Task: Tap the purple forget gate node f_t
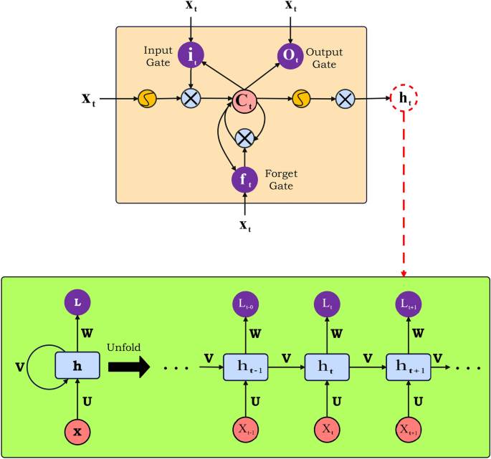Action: coord(245,178)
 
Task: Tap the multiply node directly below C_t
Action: coord(245,137)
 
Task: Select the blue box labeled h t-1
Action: coord(245,368)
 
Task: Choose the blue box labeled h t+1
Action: coord(407,368)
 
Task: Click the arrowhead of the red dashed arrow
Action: coord(404,274)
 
